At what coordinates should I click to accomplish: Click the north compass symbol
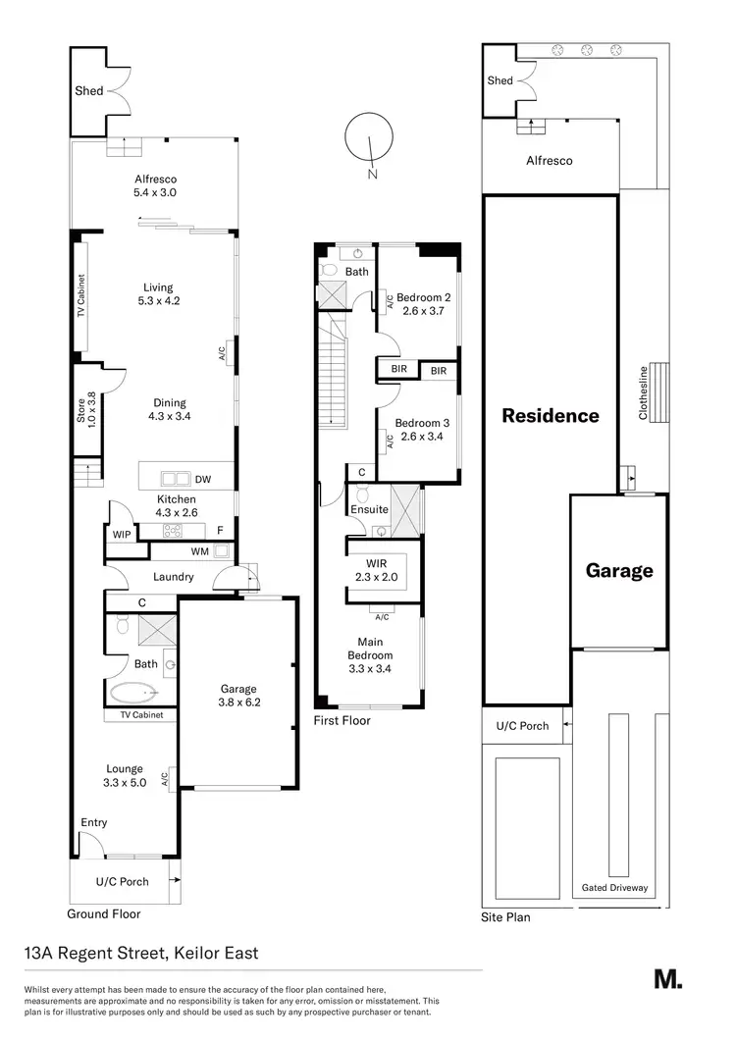pos(369,141)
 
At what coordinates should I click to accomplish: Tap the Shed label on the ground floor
pos(89,91)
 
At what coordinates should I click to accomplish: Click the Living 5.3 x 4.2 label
pos(157,294)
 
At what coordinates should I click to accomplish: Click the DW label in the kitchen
pos(203,481)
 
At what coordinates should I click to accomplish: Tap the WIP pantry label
pos(123,535)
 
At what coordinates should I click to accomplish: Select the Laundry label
pos(173,577)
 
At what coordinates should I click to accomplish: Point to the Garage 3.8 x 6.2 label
pos(238,696)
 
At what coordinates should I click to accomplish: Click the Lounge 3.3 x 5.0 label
pos(124,775)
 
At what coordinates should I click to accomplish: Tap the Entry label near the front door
pos(94,822)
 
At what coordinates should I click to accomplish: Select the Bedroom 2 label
pos(423,304)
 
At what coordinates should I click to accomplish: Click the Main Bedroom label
pos(370,655)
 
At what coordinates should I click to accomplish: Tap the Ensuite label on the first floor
pos(370,509)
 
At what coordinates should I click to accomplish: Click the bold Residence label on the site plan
pos(550,415)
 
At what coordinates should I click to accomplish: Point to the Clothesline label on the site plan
pos(644,392)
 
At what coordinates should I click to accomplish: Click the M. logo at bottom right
pos(667,978)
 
